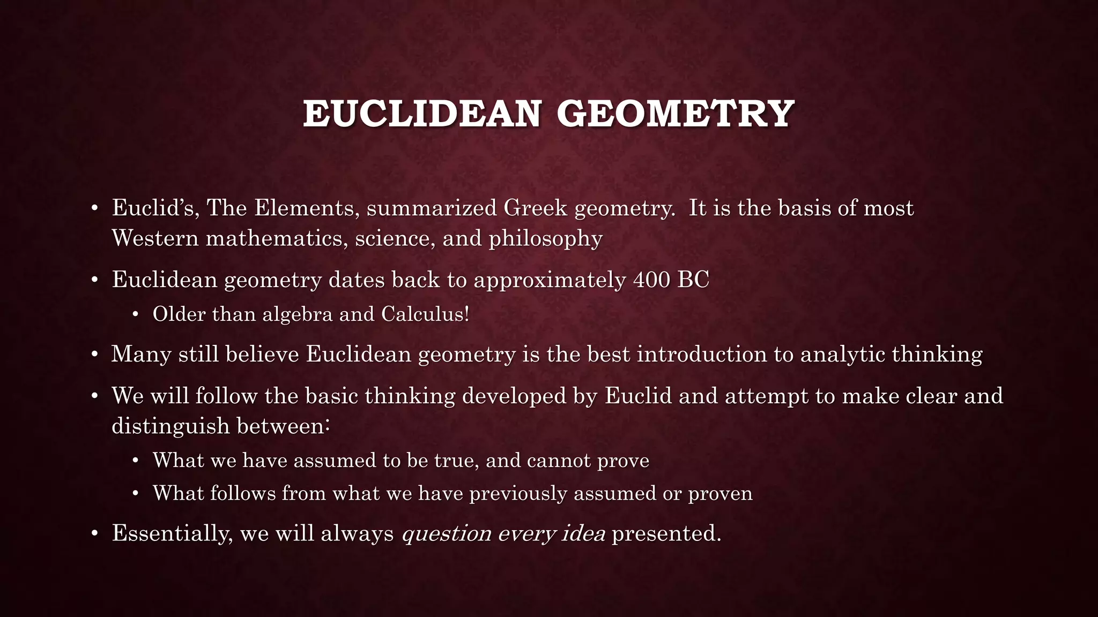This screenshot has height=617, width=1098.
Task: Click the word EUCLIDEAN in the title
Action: [422, 114]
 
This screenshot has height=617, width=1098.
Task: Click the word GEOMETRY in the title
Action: [675, 114]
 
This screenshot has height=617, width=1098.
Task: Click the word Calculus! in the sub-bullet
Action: [425, 314]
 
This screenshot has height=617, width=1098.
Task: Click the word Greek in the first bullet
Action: [535, 208]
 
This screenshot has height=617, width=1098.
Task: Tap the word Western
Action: [155, 238]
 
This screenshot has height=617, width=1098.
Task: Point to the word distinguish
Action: [171, 426]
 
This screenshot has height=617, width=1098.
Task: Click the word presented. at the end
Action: [666, 534]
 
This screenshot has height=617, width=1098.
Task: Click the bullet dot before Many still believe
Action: [94, 355]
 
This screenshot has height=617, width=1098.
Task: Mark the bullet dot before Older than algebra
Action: [136, 314]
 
